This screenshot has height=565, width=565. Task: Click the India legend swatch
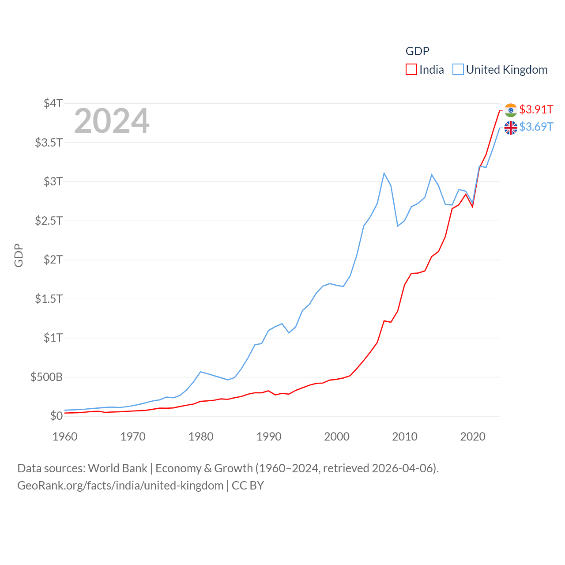coord(411,70)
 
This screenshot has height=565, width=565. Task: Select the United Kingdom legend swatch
coord(458,70)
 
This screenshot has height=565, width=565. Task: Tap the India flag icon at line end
coord(511,110)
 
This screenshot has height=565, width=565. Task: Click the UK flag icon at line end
coord(511,128)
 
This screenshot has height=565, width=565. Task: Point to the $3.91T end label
coord(536,109)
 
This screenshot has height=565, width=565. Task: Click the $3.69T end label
coord(536,127)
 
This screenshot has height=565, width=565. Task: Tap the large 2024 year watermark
coord(112,121)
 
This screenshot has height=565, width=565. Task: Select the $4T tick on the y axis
coord(53,103)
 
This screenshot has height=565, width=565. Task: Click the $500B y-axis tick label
coord(46,377)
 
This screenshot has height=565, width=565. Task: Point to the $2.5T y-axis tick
coord(49,220)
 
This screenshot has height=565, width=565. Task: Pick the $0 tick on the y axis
coord(56,416)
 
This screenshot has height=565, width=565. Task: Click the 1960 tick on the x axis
coord(65,437)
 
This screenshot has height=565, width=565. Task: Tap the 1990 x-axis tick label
coord(269,437)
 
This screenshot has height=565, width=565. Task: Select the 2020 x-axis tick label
coord(473,437)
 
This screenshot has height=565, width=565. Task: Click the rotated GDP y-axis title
coord(19,255)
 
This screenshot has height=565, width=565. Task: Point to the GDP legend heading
coord(417,51)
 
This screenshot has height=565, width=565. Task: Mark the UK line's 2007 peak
coord(384,173)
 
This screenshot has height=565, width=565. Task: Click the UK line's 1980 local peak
coord(200,372)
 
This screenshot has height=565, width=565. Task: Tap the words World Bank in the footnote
coord(117,468)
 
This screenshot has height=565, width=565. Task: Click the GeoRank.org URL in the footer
coord(120,486)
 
